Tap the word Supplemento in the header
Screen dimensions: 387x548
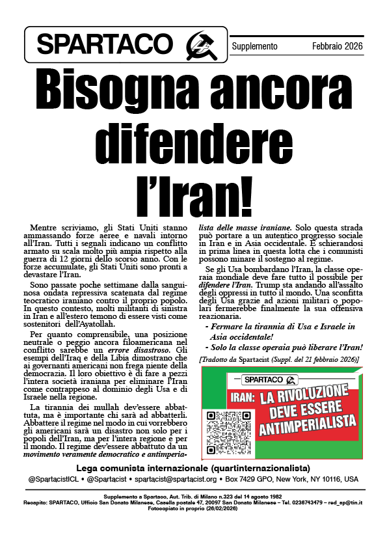(x=255, y=47)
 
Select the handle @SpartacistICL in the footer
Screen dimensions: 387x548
(x=51, y=479)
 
